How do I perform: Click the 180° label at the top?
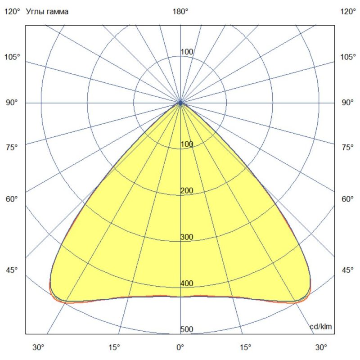[180, 12]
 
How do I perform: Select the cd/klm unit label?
[321, 327]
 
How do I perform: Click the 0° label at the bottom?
[180, 347]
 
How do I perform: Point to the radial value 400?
[187, 283]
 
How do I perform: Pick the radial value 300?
[187, 237]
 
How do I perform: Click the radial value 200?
[187, 191]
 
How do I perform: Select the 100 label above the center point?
[187, 52]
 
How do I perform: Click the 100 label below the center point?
[187, 144]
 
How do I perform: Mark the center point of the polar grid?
[180, 103]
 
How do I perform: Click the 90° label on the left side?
[12, 103]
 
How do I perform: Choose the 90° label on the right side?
[348, 103]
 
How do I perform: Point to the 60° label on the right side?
[348, 199]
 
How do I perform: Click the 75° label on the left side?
[12, 147]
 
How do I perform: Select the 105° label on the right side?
[348, 57]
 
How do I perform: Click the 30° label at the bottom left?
[38, 347]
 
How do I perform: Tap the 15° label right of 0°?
[246, 347]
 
